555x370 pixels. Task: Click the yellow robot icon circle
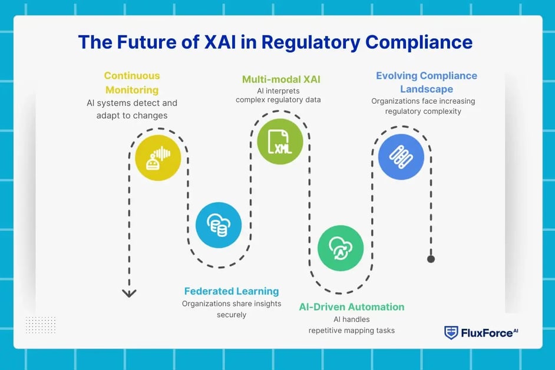click(157, 157)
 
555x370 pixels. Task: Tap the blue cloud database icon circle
click(219, 225)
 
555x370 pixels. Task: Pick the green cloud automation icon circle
click(341, 247)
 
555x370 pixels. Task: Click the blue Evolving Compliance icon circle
click(401, 156)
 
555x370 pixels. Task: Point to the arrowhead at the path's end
click(129, 293)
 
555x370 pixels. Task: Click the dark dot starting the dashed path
click(431, 259)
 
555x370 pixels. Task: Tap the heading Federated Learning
click(232, 291)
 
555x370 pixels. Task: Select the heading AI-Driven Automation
click(351, 306)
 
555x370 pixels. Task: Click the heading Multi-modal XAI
click(281, 79)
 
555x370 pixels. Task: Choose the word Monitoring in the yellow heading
click(132, 90)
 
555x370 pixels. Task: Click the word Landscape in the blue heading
click(427, 89)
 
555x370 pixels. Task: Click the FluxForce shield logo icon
click(451, 333)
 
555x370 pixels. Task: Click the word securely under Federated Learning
click(232, 315)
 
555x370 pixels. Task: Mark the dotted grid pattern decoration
click(41, 325)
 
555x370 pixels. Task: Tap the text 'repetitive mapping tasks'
click(352, 331)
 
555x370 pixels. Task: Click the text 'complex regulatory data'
click(278, 100)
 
